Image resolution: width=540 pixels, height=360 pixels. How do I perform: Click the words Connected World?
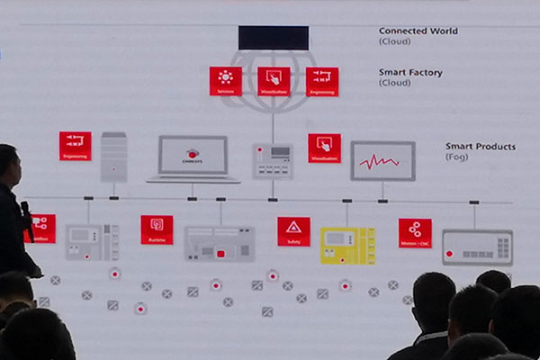[x=418, y=31]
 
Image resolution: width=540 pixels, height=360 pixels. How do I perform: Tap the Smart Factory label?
[x=410, y=72]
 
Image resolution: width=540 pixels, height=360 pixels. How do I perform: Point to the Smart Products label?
[x=481, y=146]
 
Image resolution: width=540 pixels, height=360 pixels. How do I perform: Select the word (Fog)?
[x=456, y=157]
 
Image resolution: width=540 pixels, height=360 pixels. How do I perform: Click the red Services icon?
[x=225, y=80]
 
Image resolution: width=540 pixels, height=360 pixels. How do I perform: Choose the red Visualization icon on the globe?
[x=274, y=81]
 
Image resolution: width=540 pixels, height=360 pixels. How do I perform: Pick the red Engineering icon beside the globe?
[x=321, y=81]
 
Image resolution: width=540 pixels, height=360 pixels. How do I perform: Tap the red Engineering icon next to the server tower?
[x=75, y=146]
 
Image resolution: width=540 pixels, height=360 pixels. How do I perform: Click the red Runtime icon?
[x=157, y=229]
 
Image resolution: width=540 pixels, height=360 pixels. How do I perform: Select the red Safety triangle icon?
[x=293, y=230]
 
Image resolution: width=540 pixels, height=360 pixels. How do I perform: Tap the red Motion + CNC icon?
[x=415, y=232]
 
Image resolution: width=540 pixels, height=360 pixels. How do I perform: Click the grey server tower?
[x=113, y=157]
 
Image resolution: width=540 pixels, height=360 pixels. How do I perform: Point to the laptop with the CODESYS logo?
[x=193, y=158]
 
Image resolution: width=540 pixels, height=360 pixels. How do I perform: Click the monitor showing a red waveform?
[x=382, y=161]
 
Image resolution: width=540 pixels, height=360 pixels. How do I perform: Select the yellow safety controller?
[x=347, y=245]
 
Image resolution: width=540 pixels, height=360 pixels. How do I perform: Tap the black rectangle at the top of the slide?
[x=273, y=38]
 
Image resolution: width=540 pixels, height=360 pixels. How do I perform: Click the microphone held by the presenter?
[x=27, y=219]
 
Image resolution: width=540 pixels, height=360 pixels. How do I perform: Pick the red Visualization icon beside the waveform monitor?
[x=324, y=148]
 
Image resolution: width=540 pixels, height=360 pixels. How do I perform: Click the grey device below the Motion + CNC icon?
[x=477, y=247]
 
